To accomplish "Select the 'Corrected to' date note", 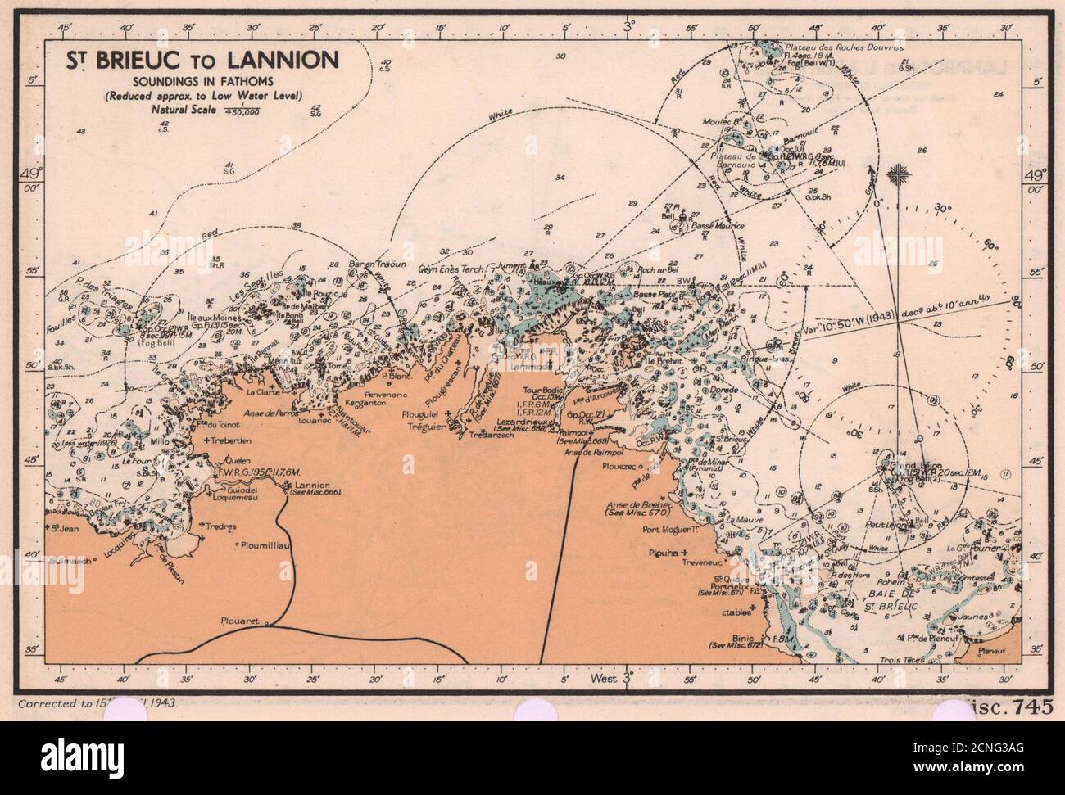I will (95, 702).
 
